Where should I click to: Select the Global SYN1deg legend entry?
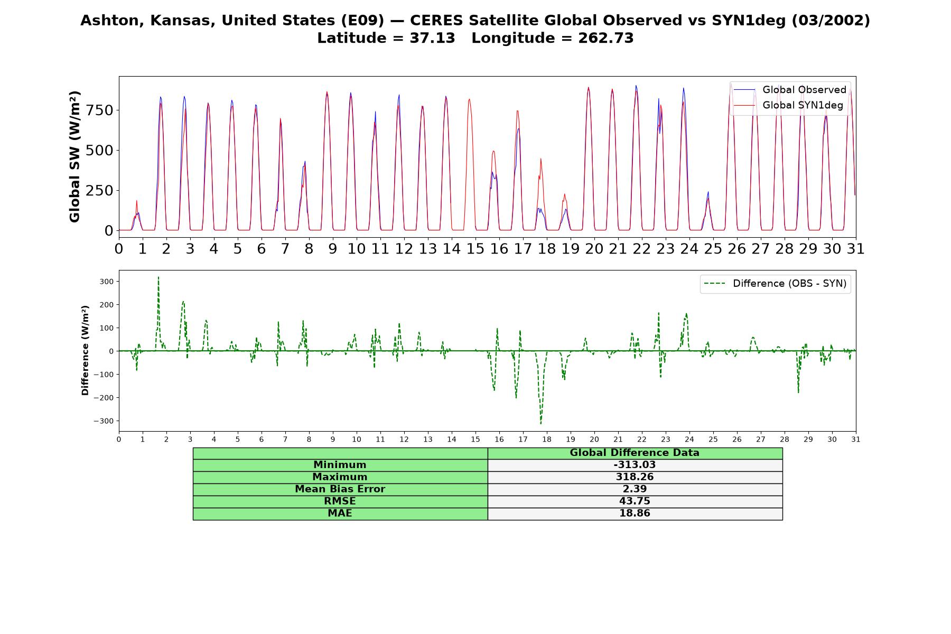788,105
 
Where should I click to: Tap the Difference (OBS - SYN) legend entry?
775,284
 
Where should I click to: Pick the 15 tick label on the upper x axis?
475,248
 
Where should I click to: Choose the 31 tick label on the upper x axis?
855,248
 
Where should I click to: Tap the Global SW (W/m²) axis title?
74,157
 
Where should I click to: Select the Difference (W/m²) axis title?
85,351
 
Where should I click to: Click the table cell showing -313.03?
635,465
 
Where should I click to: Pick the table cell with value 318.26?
635,477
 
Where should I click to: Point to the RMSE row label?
340,501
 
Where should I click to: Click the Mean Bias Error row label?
340,489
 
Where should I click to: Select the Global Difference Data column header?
635,453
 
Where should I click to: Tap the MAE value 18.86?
635,514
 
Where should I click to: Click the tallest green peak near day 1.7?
158,277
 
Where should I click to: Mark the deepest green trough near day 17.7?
540,424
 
